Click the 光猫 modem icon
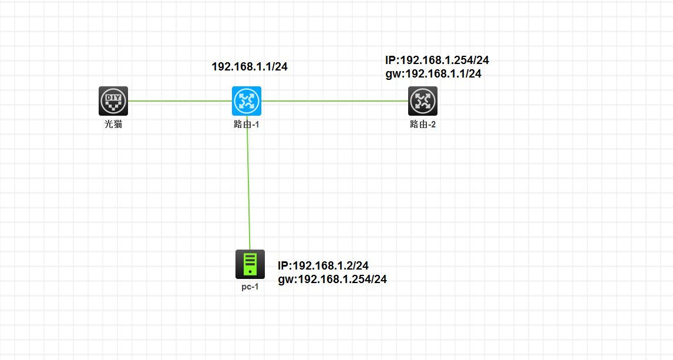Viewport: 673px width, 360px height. click(113, 101)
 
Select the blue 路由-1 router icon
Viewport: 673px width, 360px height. click(247, 101)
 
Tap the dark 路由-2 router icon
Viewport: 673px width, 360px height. click(423, 101)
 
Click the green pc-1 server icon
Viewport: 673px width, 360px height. click(250, 264)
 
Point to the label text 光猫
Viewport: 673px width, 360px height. click(113, 125)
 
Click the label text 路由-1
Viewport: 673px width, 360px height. click(247, 125)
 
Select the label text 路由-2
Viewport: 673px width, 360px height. click(423, 125)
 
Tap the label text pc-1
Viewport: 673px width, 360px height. click(250, 287)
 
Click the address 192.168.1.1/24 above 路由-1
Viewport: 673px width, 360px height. click(250, 66)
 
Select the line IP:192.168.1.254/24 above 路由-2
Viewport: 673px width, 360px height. click(437, 60)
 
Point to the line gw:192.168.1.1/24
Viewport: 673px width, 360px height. click(433, 74)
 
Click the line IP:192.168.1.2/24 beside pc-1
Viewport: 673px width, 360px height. click(323, 265)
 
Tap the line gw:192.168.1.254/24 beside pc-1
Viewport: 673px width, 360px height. click(332, 280)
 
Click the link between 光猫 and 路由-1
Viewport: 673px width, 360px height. click(180, 101)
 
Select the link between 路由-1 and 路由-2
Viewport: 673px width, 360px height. click(335, 101)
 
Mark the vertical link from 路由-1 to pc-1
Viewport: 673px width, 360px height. click(248, 183)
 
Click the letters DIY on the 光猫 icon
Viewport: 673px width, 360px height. click(113, 97)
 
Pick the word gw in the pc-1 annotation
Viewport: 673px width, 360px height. click(286, 280)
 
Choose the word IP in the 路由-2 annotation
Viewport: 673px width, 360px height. click(391, 60)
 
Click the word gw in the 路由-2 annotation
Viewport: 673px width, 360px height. click(393, 75)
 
